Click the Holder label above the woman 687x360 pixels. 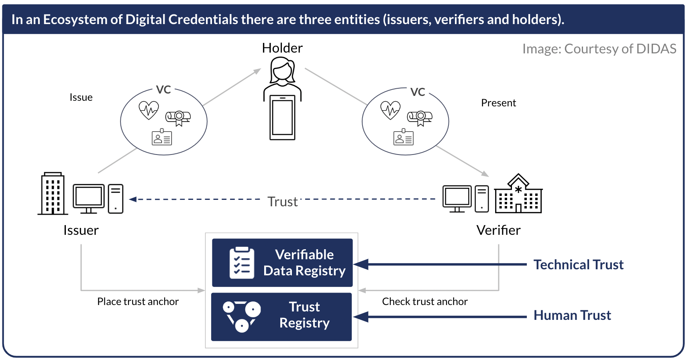coord(282,48)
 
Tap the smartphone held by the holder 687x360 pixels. coord(282,117)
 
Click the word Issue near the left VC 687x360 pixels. coord(81,98)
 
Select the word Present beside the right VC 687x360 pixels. coord(498,103)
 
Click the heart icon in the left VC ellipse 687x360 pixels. coord(149,110)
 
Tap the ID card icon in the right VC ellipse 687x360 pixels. coord(404,138)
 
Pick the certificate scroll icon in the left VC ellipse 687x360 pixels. coord(178,118)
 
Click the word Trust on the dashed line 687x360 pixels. coord(283,201)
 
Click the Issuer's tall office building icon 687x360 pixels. coord(53,194)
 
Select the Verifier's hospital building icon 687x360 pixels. coord(518,194)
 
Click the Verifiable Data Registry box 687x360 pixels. coord(282,263)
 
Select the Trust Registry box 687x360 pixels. coord(281,317)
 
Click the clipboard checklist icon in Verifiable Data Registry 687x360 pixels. coord(242,263)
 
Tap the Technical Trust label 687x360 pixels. coord(578,265)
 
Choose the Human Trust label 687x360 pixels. coord(572,315)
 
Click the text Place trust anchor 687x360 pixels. coord(138,302)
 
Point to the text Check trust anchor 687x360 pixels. coord(425,302)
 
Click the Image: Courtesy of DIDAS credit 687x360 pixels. coord(599,49)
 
